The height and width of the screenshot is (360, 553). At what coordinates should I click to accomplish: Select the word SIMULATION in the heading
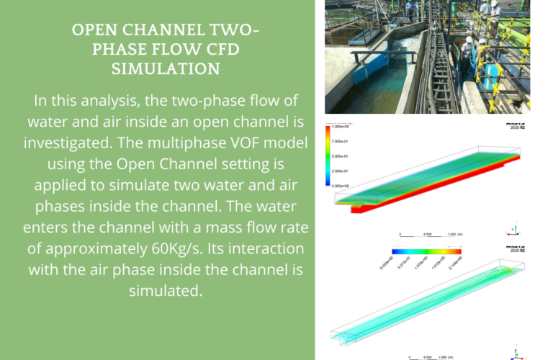tap(166, 69)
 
